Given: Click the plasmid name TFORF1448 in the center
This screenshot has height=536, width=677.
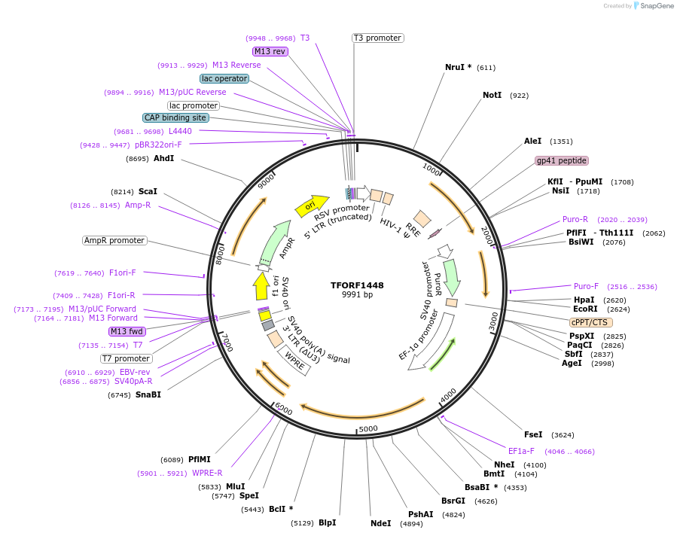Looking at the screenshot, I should coord(357,285).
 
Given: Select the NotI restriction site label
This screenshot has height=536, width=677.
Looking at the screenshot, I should coord(492,96).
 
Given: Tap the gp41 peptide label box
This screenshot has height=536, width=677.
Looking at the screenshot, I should coord(561,161).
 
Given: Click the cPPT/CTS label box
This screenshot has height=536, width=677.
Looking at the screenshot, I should coord(589,322).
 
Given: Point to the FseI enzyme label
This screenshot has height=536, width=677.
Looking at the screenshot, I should coord(533,434).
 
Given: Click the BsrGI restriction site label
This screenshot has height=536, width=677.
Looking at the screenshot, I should coord(453,501).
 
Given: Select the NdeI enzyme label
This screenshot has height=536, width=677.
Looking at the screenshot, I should coord(380,523).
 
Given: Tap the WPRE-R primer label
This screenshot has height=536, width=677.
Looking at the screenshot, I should coord(207,474).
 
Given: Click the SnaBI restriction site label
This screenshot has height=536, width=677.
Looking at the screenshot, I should coord(148,394).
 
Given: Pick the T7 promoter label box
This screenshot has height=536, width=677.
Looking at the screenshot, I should coord(126,358).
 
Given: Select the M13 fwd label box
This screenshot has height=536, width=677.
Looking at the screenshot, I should coord(127,331).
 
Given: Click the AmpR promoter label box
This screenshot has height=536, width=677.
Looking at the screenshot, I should coord(114,241).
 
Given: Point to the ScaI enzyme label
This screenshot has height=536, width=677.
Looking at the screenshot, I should coord(148,192).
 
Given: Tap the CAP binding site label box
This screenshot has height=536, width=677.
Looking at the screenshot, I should coord(175,118).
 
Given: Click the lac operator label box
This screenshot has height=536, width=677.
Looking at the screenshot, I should coord(224,78).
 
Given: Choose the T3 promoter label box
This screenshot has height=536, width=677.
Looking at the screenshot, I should coord(377,38).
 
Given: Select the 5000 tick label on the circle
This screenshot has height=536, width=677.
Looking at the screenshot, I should coord(367,429).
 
